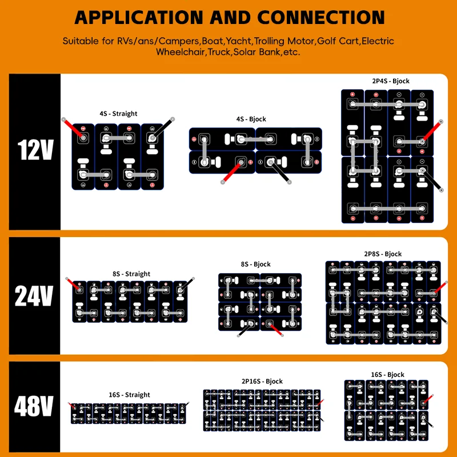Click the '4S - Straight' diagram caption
(118, 114)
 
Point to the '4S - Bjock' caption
(251, 119)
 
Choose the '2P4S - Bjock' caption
(391, 81)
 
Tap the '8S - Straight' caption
(131, 274)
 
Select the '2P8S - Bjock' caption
(383, 254)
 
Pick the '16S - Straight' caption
(130, 395)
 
